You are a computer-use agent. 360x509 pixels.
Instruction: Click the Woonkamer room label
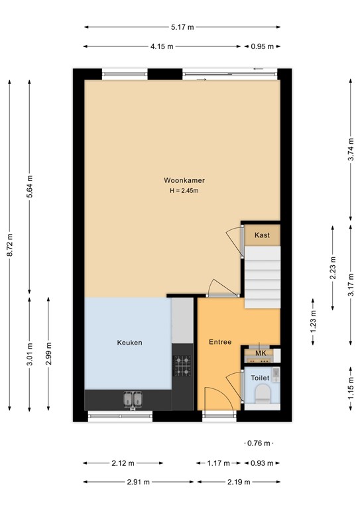(185, 180)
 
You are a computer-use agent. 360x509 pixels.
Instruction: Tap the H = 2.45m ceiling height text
(185, 191)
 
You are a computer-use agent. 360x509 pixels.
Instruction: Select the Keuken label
(130, 343)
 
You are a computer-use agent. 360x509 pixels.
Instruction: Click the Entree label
(220, 342)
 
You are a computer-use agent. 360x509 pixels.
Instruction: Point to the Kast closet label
(262, 235)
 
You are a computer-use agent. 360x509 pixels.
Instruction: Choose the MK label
(261, 354)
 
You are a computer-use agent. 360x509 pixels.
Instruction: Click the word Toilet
(261, 377)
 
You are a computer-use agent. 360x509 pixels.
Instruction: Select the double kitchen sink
(131, 398)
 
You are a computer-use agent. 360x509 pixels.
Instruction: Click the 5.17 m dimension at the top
(182, 27)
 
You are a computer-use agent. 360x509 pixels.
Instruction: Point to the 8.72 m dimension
(9, 243)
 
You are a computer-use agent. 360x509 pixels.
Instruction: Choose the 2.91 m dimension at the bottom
(139, 482)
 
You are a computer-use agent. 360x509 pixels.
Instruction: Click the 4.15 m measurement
(162, 46)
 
